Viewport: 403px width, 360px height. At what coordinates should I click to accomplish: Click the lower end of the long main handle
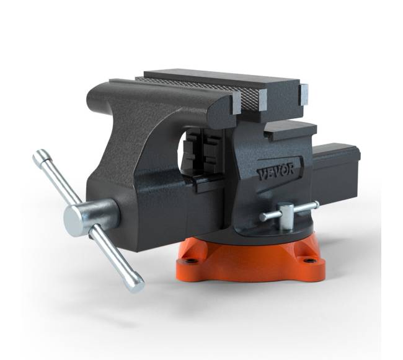click(x=136, y=285)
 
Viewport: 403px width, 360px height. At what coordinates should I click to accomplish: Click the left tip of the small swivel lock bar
click(x=263, y=217)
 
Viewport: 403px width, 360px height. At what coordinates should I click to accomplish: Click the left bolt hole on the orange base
click(x=191, y=261)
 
